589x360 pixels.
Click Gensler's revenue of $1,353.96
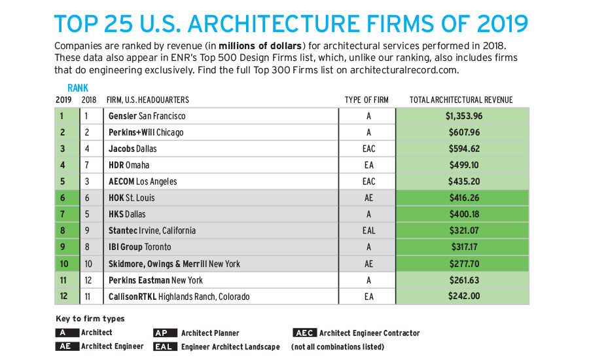[462, 116]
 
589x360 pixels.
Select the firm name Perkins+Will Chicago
[146, 132]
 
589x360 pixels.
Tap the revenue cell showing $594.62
[462, 149]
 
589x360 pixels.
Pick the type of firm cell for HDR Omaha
[368, 165]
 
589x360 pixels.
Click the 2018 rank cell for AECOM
[87, 181]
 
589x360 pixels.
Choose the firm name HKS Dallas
[127, 214]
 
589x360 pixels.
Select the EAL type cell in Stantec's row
[368, 230]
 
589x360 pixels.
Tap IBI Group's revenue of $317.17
[462, 247]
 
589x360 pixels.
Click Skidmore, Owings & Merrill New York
[174, 264]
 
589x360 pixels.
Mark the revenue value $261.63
[462, 280]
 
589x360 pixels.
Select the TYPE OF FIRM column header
[366, 100]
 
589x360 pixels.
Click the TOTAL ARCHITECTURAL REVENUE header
[461, 100]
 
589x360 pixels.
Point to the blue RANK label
[77, 88]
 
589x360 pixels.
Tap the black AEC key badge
[304, 333]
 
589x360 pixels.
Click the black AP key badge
[164, 333]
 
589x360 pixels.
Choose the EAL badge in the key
[164, 347]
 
